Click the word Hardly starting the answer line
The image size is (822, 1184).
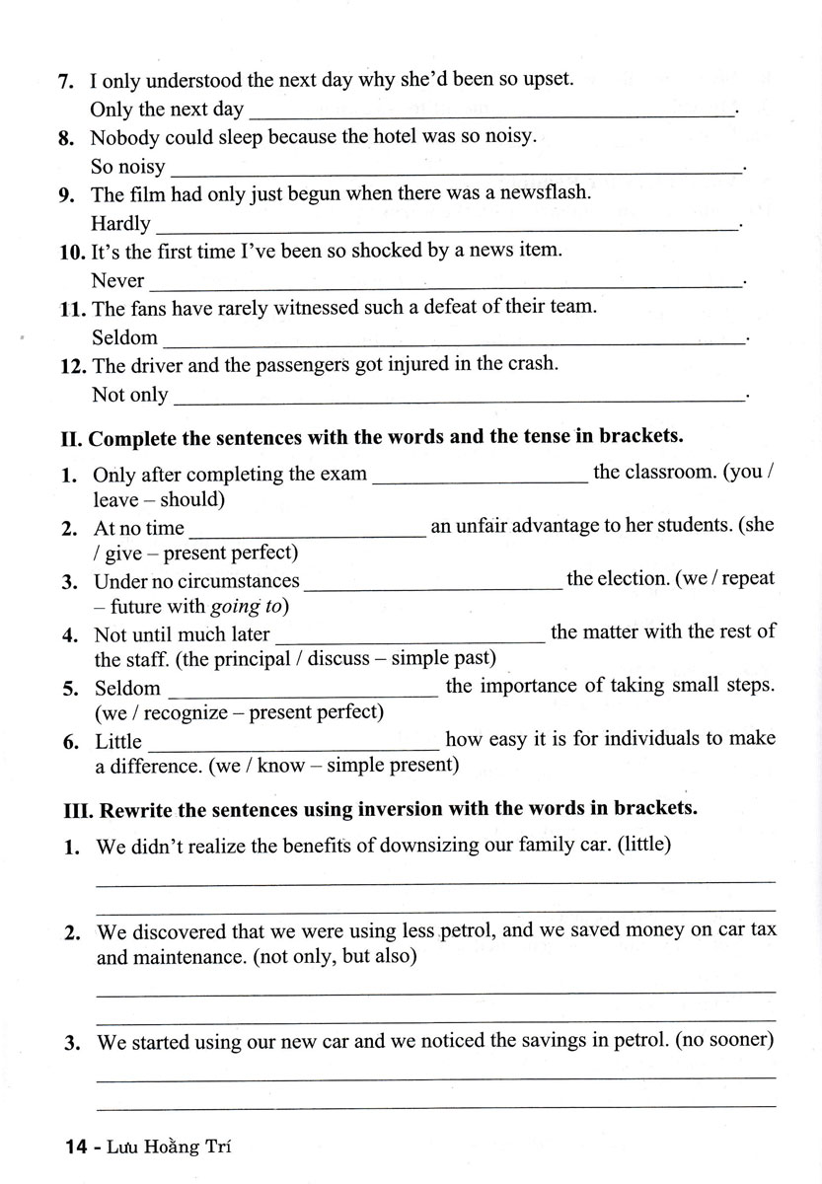tap(120, 224)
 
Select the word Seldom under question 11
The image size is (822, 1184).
tap(124, 337)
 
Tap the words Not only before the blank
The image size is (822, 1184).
tap(129, 395)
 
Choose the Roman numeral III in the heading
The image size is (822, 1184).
tap(76, 809)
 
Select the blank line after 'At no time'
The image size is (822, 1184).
tap(307, 530)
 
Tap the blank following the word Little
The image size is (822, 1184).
tap(293, 742)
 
